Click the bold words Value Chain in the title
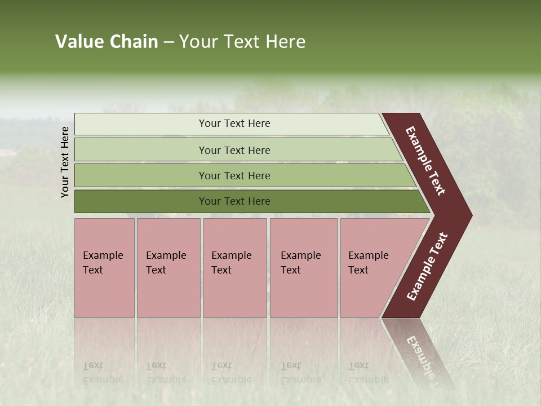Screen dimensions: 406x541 107,42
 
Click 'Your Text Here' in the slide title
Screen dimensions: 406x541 242,42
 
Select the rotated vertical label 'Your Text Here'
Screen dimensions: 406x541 65,162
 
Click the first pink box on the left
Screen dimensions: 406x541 104,268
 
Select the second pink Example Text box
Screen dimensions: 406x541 168,268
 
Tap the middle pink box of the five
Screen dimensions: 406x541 234,268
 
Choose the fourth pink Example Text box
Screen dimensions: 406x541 304,268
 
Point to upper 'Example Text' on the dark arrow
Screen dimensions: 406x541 425,161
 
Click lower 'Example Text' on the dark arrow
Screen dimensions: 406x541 427,266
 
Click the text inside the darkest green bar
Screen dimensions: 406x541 234,201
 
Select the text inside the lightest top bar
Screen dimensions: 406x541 234,123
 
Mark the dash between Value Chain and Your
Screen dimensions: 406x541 168,42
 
